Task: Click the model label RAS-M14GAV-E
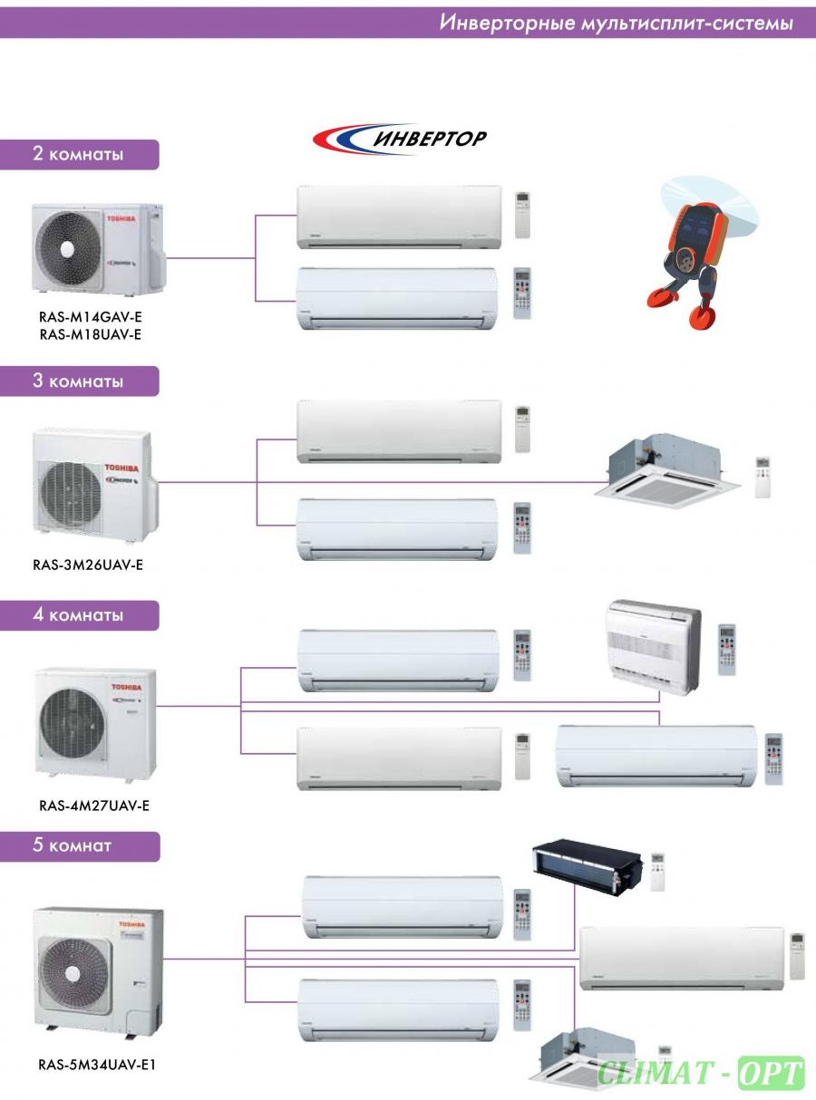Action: coord(91,316)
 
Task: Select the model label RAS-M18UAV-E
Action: coord(91,334)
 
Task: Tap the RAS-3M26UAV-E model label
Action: coord(88,564)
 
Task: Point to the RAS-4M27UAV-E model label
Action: coord(94,806)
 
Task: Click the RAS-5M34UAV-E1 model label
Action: coord(97,1065)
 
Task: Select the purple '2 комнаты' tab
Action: coord(80,154)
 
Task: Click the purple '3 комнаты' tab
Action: coord(80,381)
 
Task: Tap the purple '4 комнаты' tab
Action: coord(80,615)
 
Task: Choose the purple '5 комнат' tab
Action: coord(80,846)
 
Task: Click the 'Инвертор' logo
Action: coord(400,139)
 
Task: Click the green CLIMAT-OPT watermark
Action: coord(700,1073)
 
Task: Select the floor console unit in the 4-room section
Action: coord(654,647)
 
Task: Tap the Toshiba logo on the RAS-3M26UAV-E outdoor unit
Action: coord(121,468)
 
